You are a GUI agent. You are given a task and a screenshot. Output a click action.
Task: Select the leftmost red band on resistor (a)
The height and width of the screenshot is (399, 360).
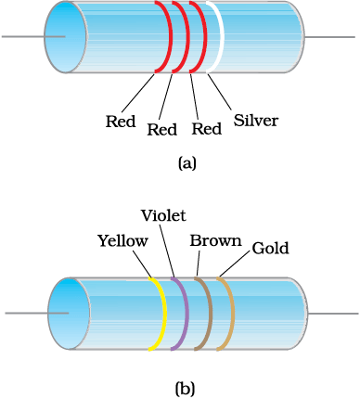coord(170,37)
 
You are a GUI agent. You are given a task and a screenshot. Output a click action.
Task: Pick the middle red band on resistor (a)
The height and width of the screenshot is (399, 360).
coord(186,37)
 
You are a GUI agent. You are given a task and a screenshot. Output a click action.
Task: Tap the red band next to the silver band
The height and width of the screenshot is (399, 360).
coord(204,37)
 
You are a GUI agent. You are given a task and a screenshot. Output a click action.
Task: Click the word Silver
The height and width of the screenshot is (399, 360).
coord(256,120)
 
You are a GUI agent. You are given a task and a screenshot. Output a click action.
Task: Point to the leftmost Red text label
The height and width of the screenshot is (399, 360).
coord(121,122)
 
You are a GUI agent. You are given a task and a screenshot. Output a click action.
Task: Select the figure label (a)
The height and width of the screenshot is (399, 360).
coord(187,162)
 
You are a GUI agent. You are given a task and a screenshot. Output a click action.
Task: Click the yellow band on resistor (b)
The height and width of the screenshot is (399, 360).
coord(164,314)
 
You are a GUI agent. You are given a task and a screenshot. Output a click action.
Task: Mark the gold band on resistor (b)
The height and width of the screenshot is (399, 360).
coord(232,314)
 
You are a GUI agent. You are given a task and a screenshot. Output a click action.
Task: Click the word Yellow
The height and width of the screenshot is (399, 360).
coord(122,240)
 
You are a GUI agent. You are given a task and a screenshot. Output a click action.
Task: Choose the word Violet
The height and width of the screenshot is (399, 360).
coord(163,215)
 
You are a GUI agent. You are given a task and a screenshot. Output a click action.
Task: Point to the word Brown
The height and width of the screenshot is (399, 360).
coord(215,240)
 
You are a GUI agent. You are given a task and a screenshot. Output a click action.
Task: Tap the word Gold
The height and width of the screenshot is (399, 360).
coord(270,248)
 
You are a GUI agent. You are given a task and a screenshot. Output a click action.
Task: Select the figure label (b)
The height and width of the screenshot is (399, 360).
coord(186,389)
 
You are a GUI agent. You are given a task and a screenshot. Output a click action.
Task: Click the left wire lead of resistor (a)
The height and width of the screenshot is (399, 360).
coord(33,36)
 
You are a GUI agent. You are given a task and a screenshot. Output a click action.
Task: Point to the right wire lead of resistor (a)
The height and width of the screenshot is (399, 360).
coord(329,37)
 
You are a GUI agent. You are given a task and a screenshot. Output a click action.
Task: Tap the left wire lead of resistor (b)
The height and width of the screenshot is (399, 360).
coord(37,313)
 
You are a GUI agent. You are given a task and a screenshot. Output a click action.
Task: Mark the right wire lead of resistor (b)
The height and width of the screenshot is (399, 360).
coord(333,314)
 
